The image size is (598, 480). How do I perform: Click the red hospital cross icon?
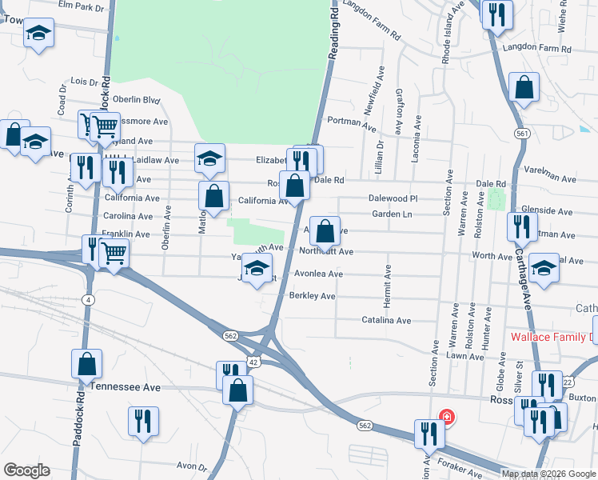[x=446, y=417]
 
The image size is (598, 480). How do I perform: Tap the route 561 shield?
[x=522, y=134]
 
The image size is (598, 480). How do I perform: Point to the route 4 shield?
[x=86, y=299]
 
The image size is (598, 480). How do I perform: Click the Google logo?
[x=26, y=470]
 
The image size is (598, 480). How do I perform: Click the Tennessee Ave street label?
[x=126, y=386]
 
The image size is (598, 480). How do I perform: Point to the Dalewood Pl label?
[x=393, y=198]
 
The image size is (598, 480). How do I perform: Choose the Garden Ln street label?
[x=391, y=214]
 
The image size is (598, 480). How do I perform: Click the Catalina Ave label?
[x=386, y=320]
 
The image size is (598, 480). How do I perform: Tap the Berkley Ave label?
[x=312, y=296]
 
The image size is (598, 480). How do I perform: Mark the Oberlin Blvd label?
[x=137, y=100]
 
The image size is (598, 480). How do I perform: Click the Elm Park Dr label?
[x=82, y=7]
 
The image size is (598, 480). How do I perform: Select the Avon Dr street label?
[x=192, y=466]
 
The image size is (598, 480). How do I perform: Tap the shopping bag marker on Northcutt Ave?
[x=325, y=232]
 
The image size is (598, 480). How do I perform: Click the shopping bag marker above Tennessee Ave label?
[x=86, y=364]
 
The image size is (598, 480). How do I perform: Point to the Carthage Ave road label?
[x=525, y=288]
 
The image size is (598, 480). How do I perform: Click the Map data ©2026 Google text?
[x=548, y=474]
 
